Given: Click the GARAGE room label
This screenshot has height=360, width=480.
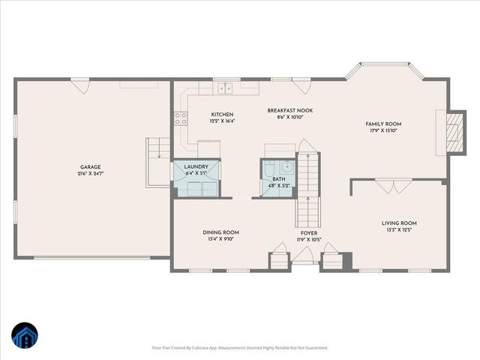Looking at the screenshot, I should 91,166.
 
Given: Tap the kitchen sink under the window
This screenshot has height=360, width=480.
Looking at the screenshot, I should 225,89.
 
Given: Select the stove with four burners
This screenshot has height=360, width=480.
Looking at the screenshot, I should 181,117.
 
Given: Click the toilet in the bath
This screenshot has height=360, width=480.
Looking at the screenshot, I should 268,166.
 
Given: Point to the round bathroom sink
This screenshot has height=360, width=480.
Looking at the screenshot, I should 286,167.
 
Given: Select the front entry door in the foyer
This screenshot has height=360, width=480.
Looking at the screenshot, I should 303,256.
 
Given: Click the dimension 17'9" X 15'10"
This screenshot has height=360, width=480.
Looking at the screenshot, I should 383,130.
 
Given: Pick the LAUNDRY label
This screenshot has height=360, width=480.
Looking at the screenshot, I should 196,167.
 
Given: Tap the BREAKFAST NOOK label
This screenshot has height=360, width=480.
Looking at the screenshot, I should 289,110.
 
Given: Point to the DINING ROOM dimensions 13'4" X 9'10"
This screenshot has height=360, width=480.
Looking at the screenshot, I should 220,240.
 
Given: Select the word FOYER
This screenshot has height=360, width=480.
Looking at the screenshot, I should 308,233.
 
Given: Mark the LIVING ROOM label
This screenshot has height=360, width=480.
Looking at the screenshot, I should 399,223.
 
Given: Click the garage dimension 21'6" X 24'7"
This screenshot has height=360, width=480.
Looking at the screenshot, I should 91,173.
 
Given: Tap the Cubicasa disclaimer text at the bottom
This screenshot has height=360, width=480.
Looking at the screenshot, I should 240,348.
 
